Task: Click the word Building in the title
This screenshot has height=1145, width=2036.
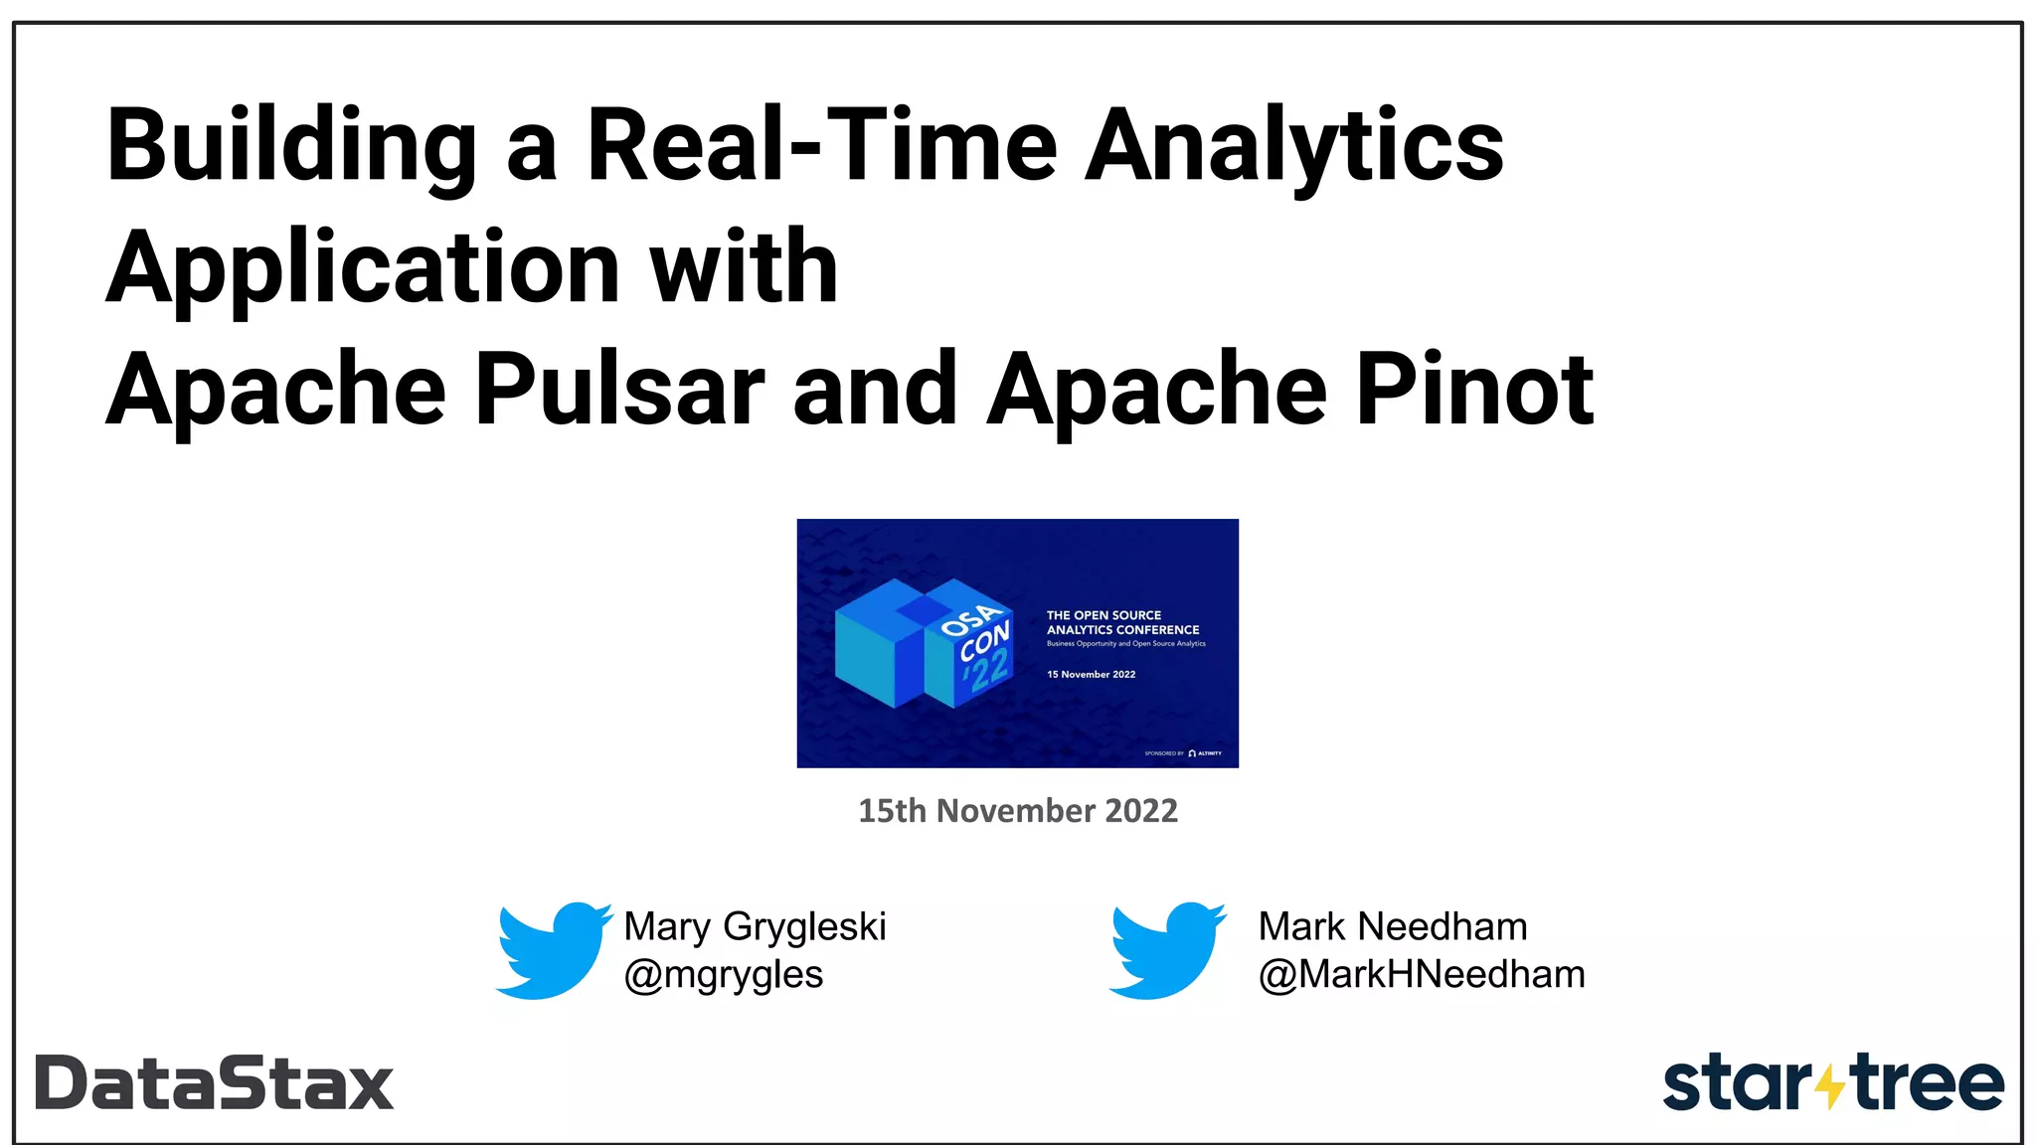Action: coord(291,147)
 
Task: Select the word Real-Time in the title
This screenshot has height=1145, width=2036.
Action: coord(821,147)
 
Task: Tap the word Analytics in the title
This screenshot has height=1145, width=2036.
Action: coord(1293,147)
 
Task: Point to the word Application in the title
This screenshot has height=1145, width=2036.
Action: coord(364,267)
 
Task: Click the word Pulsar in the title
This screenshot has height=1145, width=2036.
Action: coord(619,390)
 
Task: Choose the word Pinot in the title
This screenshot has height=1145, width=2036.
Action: coord(1475,390)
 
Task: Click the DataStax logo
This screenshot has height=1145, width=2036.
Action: coord(215,1082)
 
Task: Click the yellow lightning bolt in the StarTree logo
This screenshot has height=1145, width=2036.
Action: coord(1829,1085)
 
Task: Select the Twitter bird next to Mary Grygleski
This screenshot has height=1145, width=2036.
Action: coord(554,950)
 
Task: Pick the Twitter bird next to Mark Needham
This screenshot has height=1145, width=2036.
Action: coord(1167,950)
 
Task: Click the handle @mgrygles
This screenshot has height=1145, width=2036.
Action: coord(723,975)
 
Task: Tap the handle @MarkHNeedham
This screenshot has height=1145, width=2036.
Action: coord(1421,975)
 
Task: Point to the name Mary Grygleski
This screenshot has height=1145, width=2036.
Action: coord(755,926)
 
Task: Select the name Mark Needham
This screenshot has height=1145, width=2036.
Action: coord(1392,926)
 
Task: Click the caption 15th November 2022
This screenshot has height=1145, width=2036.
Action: coord(1017,811)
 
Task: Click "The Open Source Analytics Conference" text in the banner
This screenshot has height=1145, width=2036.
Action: coord(1122,622)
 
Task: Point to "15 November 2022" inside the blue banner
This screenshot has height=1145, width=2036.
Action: coord(1091,675)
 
